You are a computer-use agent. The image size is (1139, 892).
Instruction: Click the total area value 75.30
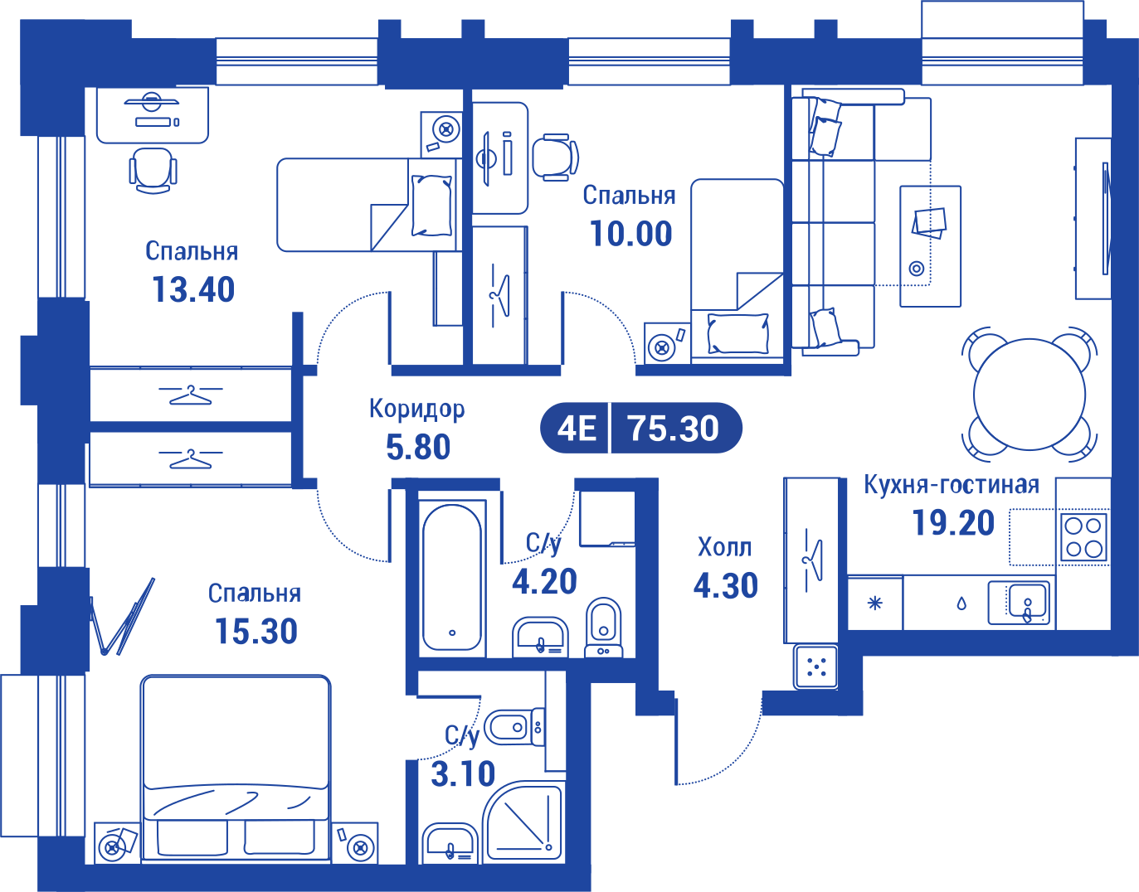[674, 429]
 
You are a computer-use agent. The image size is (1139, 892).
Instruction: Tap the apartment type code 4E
[577, 429]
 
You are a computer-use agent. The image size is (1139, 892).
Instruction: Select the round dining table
[1029, 395]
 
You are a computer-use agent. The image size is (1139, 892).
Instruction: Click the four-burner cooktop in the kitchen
[1084, 537]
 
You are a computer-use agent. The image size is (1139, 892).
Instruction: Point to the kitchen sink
[1020, 603]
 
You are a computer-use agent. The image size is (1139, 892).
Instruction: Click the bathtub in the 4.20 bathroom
[452, 578]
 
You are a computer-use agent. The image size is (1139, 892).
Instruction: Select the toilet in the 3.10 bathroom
[514, 727]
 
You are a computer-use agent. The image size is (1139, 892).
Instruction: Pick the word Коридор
[416, 409]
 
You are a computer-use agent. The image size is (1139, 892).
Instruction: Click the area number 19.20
[953, 523]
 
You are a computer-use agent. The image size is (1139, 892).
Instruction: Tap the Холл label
[725, 547]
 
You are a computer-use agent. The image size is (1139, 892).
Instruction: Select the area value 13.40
[193, 289]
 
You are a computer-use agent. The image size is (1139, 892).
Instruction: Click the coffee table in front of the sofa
[931, 245]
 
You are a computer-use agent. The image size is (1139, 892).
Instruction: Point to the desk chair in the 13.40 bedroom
[153, 170]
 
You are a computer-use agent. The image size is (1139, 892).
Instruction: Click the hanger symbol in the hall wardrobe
[813, 560]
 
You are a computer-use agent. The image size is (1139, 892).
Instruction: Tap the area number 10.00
[630, 234]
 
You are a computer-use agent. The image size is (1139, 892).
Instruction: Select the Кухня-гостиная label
[952, 484]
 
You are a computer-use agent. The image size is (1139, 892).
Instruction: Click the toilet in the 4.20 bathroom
[603, 627]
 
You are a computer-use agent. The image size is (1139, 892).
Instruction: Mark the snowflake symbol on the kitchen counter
[875, 604]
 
